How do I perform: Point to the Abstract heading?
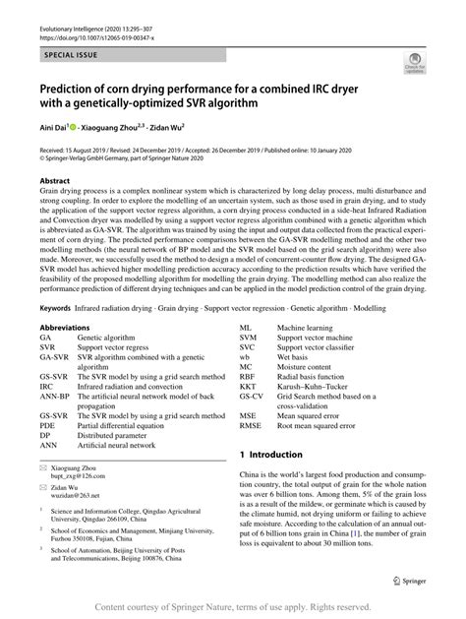coord(54,181)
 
